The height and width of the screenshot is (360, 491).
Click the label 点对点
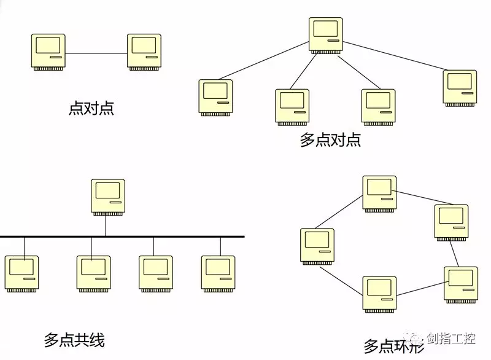tap(91, 109)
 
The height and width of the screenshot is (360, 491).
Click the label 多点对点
tap(330, 139)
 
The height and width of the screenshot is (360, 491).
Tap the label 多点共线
tap(74, 339)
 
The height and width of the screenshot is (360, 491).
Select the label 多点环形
tap(393, 346)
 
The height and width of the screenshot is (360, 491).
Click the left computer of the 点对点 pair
tap(48, 52)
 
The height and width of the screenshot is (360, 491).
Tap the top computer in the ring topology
tap(379, 194)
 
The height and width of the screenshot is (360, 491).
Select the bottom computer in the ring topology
tap(379, 294)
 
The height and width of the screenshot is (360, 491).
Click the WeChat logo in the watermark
tap(417, 338)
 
